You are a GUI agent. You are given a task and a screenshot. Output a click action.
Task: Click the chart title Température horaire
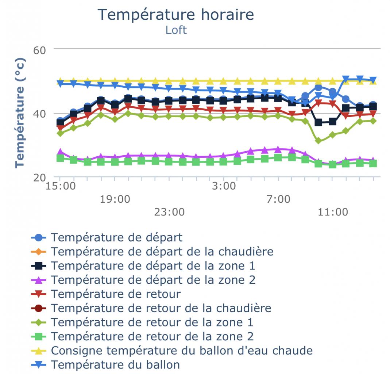(176, 15)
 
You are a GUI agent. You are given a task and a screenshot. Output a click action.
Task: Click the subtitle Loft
(176, 30)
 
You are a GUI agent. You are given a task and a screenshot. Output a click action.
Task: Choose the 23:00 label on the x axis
(169, 212)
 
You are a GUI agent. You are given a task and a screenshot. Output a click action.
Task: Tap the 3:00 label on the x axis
(223, 186)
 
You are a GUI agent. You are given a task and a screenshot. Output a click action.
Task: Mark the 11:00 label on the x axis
(332, 212)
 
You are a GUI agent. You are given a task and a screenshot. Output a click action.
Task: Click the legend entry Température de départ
(116, 238)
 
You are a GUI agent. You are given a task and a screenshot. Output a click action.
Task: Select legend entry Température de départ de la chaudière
(162, 252)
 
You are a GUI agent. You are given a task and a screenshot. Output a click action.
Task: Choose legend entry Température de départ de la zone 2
(153, 280)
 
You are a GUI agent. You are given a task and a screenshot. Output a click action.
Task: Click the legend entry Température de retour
(116, 294)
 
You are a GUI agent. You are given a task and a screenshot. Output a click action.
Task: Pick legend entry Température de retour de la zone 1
(152, 322)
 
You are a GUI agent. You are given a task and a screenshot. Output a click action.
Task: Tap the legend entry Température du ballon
(115, 365)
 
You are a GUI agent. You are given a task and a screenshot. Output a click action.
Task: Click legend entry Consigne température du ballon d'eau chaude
(182, 350)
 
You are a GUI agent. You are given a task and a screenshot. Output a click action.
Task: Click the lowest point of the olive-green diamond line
(318, 141)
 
